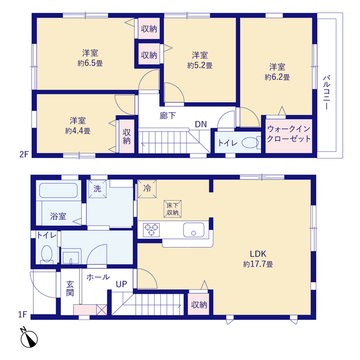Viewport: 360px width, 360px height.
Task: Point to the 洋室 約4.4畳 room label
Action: tap(77, 124)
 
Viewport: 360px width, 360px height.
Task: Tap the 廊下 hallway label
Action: tap(168, 115)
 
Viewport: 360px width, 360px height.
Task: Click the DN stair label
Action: tap(200, 125)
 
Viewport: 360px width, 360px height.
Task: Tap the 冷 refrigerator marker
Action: tap(146, 188)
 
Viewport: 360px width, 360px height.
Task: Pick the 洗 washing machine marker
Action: tap(97, 189)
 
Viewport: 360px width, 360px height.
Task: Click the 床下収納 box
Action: tap(173, 207)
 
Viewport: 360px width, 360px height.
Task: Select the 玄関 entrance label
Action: tap(70, 286)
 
